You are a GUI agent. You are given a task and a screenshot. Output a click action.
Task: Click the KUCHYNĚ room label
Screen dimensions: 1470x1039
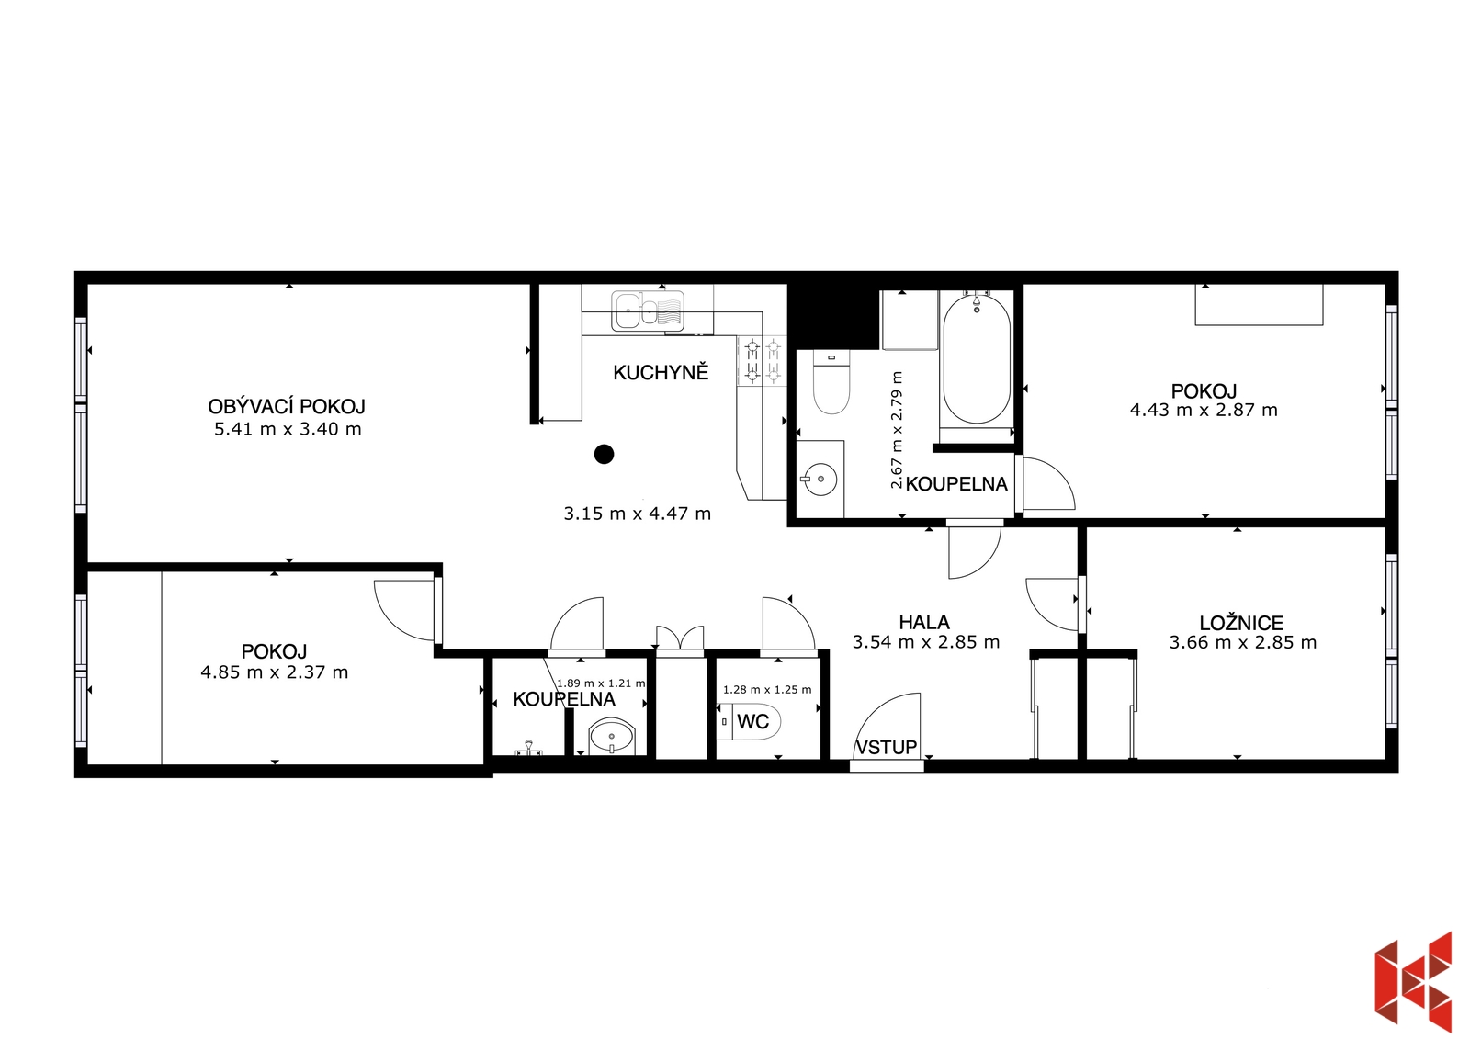click(x=661, y=372)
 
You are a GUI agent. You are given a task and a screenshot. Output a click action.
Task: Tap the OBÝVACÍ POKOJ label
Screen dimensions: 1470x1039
click(x=287, y=406)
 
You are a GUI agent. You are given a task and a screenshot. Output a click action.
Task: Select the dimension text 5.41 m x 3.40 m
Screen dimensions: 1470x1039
click(x=288, y=429)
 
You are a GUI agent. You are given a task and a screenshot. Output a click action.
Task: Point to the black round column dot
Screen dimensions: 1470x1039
click(x=604, y=454)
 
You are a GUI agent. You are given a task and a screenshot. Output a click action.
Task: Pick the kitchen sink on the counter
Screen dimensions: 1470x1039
click(x=648, y=311)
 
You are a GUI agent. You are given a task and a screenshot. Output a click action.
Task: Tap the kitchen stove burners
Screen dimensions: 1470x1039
click(x=763, y=361)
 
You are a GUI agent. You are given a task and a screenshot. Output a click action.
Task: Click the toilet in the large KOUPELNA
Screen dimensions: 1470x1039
click(x=831, y=382)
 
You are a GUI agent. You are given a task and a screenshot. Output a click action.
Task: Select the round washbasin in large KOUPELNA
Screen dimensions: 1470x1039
click(x=820, y=480)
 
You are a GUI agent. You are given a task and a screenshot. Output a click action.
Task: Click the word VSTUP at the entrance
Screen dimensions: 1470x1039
click(x=887, y=747)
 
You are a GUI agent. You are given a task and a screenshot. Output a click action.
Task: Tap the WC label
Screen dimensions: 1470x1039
click(x=752, y=722)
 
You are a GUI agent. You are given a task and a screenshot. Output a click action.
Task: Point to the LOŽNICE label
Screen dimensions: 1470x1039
click(x=1241, y=622)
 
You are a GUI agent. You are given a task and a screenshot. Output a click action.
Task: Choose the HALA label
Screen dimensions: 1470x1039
click(x=924, y=622)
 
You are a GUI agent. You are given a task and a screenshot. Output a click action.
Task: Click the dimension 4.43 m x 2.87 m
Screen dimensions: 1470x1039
click(x=1204, y=411)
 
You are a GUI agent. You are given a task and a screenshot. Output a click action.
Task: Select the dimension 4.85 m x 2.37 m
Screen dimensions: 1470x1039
click(x=275, y=672)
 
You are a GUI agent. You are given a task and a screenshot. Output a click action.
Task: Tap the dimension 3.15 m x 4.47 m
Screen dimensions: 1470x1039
click(x=638, y=514)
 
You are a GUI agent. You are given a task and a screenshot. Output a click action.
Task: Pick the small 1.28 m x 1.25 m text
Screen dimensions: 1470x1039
click(x=767, y=690)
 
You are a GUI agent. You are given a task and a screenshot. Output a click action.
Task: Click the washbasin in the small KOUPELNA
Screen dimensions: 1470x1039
click(x=612, y=737)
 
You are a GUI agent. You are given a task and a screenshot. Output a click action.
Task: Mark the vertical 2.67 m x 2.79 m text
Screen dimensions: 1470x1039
click(x=897, y=430)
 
